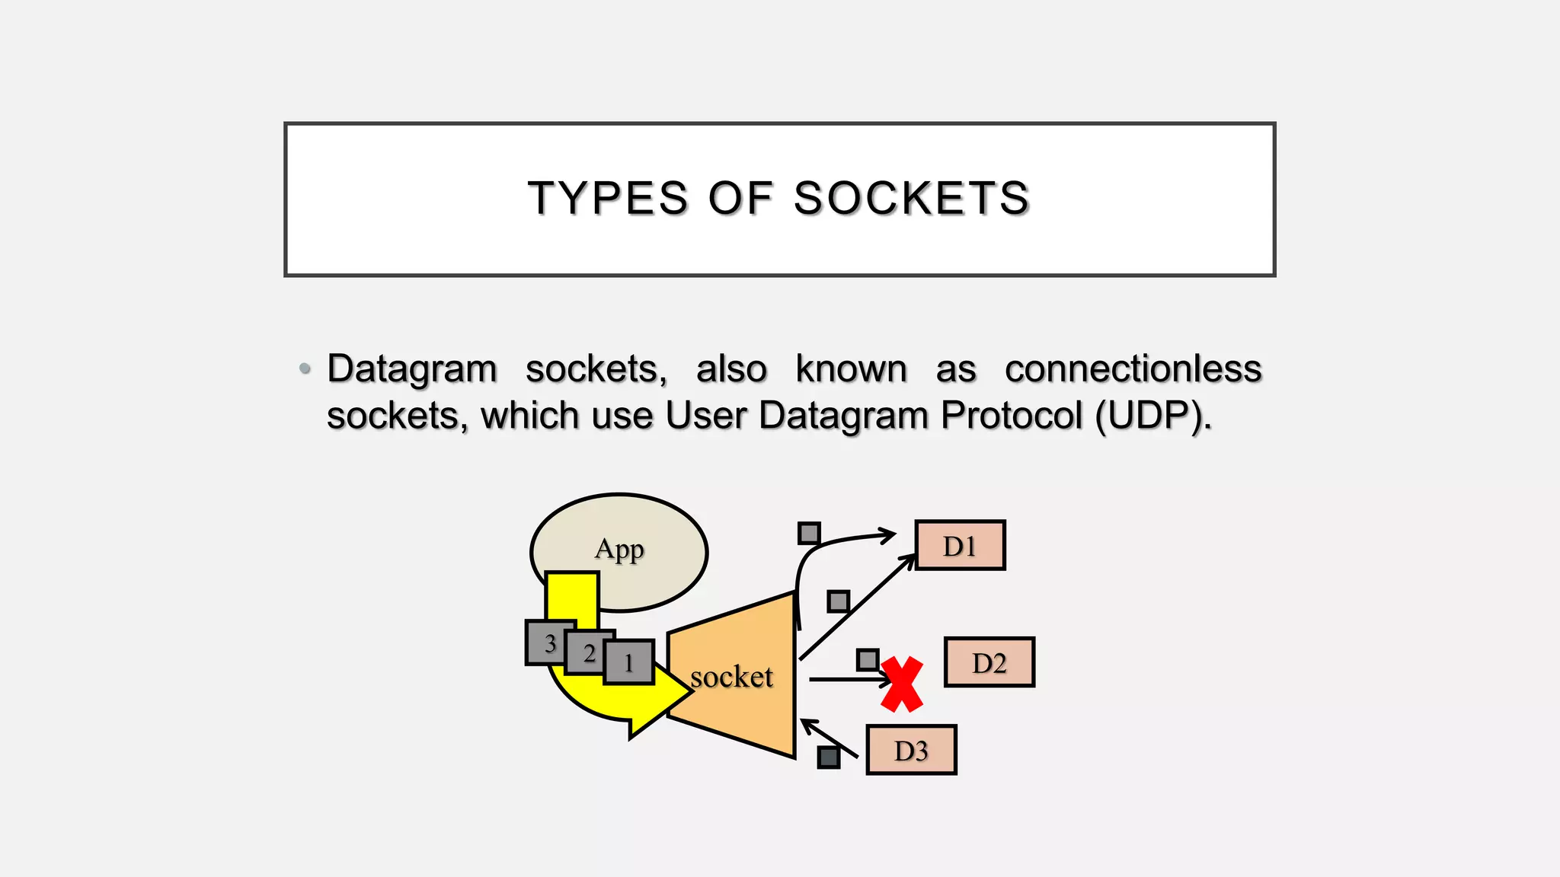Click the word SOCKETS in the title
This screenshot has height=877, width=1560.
pyautogui.click(x=911, y=199)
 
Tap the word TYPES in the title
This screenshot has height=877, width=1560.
pyautogui.click(x=608, y=199)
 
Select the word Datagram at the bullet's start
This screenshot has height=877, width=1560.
pyautogui.click(x=412, y=369)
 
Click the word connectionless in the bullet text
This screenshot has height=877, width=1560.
pyautogui.click(x=1133, y=369)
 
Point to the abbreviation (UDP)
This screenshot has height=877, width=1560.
pyautogui.click(x=1152, y=416)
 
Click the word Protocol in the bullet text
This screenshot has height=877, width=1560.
pyautogui.click(x=1012, y=416)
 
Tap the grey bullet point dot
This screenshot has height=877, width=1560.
pyautogui.click(x=305, y=369)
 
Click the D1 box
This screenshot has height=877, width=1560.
pyautogui.click(x=960, y=545)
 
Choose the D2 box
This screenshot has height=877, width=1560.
pyautogui.click(x=989, y=662)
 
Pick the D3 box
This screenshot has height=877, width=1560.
pyautogui.click(x=911, y=751)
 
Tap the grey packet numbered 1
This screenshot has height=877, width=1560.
pyautogui.click(x=629, y=662)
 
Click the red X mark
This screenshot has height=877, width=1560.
pyautogui.click(x=903, y=684)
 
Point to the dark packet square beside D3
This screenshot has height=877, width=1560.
pyautogui.click(x=829, y=757)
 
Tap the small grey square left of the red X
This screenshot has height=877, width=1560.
pyautogui.click(x=868, y=659)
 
